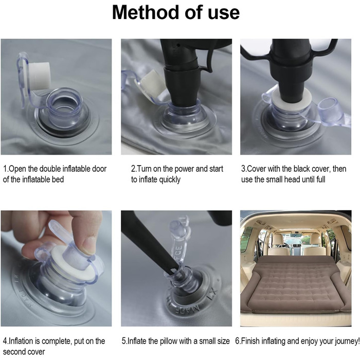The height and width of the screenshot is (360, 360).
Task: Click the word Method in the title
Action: [146, 12]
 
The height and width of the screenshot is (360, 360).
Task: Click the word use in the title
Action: [224, 13]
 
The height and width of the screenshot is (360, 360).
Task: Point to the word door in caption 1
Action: [99, 169]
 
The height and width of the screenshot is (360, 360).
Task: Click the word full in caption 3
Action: [321, 179]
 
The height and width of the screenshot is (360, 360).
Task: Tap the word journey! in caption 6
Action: [347, 341]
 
